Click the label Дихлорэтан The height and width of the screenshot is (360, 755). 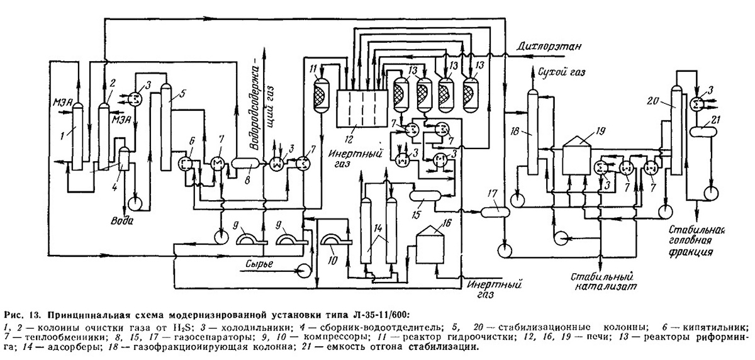point(549,46)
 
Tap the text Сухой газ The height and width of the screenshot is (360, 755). point(562,72)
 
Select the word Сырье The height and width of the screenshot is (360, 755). point(259,264)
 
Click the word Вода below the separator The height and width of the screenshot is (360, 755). point(121,220)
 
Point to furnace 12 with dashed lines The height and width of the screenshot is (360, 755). point(362,108)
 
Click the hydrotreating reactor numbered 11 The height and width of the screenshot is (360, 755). point(322,93)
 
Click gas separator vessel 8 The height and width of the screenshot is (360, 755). point(245,164)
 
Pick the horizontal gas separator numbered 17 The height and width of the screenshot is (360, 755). point(495,211)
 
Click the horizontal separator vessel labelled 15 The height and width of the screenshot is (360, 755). point(425,196)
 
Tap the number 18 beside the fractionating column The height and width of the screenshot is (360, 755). point(515,132)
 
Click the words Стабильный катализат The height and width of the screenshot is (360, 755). point(603,281)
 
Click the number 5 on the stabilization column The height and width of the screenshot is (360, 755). point(182,93)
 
